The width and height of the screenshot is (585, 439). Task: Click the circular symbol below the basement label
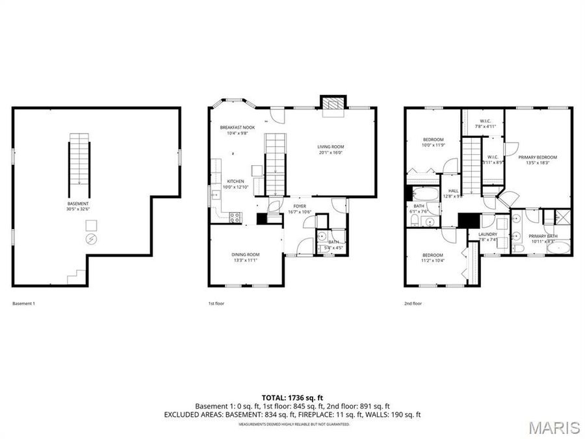point(91,239)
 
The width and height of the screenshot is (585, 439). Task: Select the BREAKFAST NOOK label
point(237,127)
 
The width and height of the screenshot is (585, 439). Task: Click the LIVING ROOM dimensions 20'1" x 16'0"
point(331,153)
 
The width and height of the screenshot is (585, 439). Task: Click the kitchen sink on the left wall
point(214,193)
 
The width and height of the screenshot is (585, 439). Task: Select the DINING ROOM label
point(246,254)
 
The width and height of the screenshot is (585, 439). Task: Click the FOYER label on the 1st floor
point(299,206)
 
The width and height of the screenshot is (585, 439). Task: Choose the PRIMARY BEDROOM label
point(538,157)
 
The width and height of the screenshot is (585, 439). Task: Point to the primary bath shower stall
point(556,217)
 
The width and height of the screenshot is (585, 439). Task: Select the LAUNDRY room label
point(487,234)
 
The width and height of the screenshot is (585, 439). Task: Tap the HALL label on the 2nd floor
point(452,191)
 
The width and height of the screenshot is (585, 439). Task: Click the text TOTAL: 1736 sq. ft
point(292,397)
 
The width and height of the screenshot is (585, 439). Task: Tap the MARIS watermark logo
point(554,427)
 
